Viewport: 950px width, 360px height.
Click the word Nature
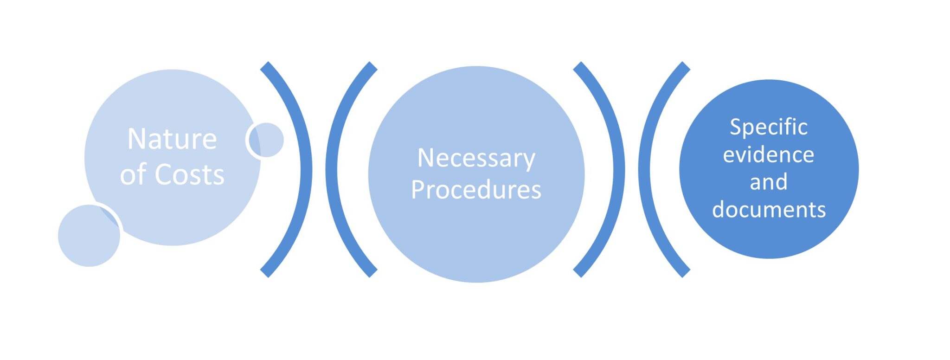(x=172, y=139)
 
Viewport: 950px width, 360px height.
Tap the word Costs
(x=189, y=175)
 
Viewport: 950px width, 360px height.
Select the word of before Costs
(x=134, y=175)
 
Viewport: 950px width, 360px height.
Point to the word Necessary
(x=476, y=159)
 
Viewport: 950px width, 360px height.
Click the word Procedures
(x=476, y=190)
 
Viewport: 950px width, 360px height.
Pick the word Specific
(x=769, y=127)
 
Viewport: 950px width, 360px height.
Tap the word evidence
(x=769, y=154)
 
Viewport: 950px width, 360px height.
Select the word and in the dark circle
(x=769, y=182)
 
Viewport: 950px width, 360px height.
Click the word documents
(x=769, y=210)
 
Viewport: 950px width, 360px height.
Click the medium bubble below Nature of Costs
(x=88, y=237)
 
